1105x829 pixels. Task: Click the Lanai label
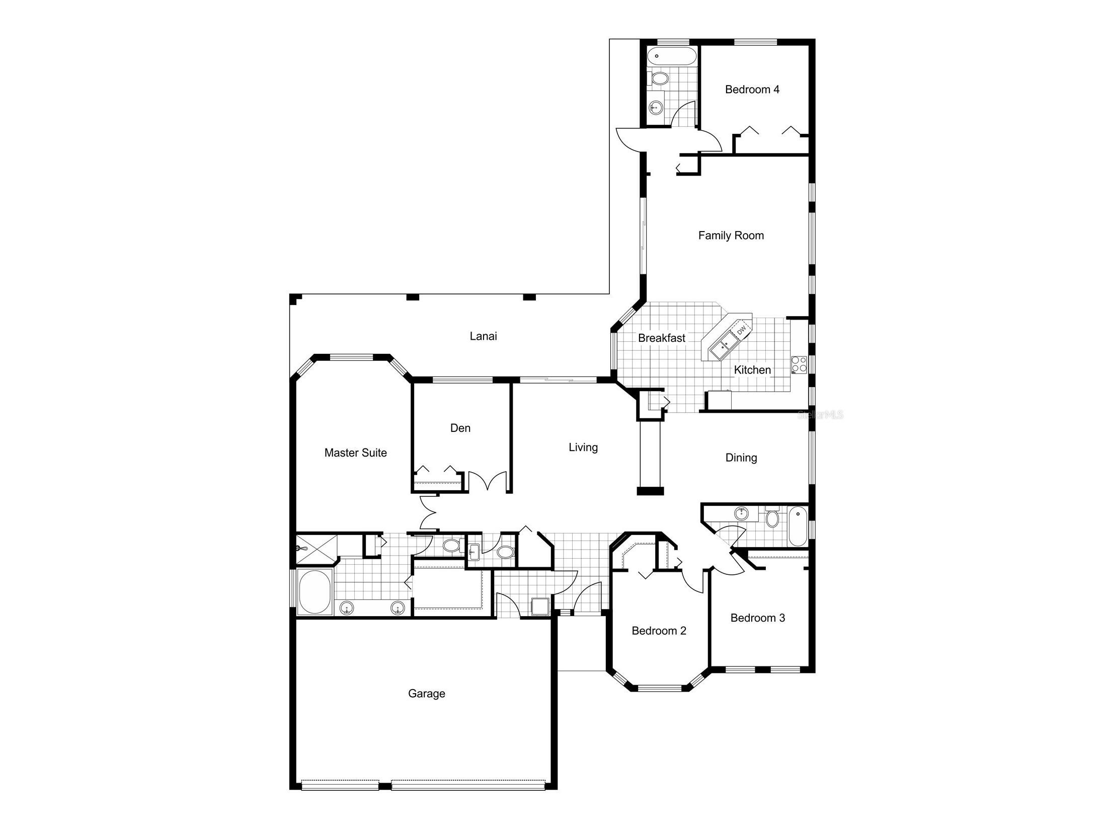tap(483, 336)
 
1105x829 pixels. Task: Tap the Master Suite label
tap(355, 453)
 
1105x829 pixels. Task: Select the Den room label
tap(460, 428)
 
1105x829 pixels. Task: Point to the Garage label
tap(426, 694)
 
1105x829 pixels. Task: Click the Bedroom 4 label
tap(752, 90)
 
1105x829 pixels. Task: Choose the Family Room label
tap(731, 236)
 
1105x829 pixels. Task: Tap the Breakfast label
tap(661, 338)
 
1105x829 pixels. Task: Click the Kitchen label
tap(752, 370)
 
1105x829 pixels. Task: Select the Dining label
tap(741, 458)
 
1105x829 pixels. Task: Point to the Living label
tap(583, 447)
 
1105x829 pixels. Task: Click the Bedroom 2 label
tap(659, 631)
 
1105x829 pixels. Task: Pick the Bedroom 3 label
tap(757, 618)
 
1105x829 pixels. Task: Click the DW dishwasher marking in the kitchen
tap(741, 331)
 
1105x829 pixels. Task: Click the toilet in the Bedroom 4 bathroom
tap(659, 78)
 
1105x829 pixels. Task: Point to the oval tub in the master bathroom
tap(314, 592)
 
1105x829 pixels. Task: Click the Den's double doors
tap(488, 481)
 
